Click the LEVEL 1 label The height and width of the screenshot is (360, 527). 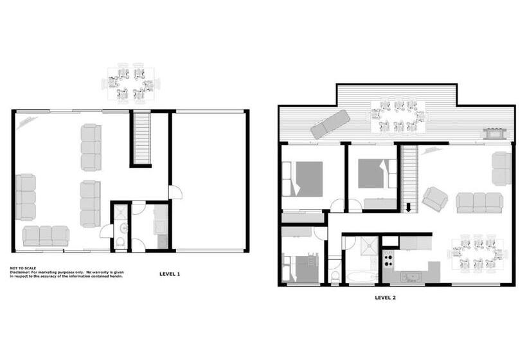tap(169, 274)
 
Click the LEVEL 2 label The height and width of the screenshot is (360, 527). tap(386, 298)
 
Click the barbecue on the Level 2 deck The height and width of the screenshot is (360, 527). tap(494, 133)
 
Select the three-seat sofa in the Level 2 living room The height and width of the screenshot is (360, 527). tap(479, 203)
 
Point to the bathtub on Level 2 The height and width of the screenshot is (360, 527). tap(361, 277)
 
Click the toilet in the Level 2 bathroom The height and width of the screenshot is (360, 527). tap(334, 274)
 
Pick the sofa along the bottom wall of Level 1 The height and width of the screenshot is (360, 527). tap(45, 235)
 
